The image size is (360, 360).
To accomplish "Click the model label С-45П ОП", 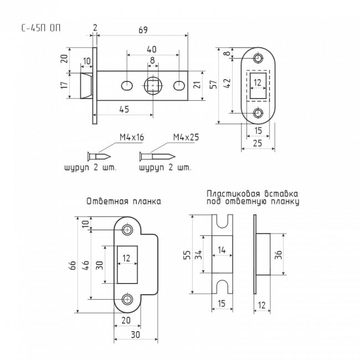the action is (41, 28).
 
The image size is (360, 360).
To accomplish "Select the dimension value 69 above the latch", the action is (143, 30).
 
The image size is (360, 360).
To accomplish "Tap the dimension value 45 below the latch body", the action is (124, 110).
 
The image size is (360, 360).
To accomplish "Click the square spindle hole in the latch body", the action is (153, 86).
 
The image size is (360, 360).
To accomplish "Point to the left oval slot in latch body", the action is (127, 86).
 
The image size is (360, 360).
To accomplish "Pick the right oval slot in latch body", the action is (179, 86).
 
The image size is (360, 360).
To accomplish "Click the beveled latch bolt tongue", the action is (86, 86).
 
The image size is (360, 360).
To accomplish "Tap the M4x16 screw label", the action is (132, 137).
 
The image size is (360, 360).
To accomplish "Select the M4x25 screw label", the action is (186, 137).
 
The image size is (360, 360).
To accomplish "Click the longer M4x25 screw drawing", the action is (157, 157).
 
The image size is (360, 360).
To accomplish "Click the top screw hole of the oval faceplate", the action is (258, 58).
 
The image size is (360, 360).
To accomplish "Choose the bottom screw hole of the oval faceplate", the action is (258, 113).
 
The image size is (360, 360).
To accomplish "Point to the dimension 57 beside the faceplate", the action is (214, 84).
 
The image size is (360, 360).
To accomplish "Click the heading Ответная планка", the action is (124, 202).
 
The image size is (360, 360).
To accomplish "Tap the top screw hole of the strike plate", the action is (127, 229).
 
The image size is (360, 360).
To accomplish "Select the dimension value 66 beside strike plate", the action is (73, 265).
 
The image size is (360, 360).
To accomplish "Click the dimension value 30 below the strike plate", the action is (136, 335).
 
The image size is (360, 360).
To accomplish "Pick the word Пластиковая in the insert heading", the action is (233, 193).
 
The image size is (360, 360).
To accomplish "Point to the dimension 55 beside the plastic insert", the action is (187, 255).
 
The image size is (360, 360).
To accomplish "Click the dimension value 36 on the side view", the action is (278, 255).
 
